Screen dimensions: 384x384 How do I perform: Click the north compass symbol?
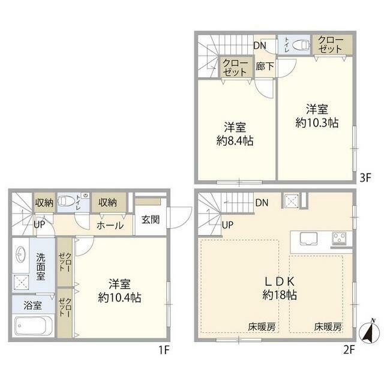[370, 332]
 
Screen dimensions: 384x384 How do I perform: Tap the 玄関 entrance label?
[151, 220]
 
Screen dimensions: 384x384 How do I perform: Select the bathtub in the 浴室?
[34, 326]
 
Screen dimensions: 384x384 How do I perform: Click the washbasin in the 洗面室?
[20, 254]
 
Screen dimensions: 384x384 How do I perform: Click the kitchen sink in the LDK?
[308, 238]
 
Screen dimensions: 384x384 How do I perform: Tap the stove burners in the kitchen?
[339, 238]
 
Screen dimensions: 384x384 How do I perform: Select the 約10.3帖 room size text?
[317, 122]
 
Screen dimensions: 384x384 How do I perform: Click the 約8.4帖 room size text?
[235, 141]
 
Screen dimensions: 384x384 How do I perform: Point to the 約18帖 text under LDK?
[280, 295]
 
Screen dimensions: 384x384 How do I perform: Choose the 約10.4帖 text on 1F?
[119, 298]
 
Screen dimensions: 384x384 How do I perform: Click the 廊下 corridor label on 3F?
[265, 67]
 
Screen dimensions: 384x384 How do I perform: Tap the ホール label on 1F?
[110, 226]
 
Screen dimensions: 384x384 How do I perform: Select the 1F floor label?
[164, 350]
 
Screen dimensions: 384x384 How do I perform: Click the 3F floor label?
[365, 178]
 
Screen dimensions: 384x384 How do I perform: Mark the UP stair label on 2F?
[227, 225]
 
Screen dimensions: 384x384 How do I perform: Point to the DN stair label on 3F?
[260, 46]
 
